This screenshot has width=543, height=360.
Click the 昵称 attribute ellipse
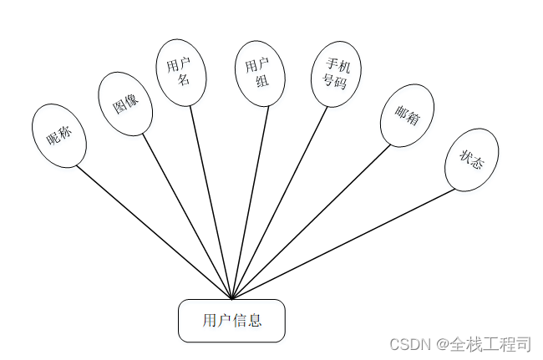(x=58, y=136)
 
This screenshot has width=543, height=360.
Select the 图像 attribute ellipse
(x=125, y=103)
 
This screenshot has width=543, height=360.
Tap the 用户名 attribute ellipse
(x=181, y=74)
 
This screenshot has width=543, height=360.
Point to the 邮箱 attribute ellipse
(x=406, y=118)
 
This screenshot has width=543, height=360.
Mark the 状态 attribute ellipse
(x=472, y=160)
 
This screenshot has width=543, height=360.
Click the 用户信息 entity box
(x=231, y=320)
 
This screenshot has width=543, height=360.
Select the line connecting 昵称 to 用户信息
(x=155, y=232)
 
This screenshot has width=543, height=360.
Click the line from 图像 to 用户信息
(x=187, y=216)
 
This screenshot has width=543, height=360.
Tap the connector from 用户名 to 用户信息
(x=211, y=201)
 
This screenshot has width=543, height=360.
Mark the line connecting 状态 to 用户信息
(x=344, y=243)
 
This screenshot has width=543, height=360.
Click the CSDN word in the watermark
(x=409, y=344)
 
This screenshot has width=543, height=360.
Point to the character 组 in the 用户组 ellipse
(x=261, y=81)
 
